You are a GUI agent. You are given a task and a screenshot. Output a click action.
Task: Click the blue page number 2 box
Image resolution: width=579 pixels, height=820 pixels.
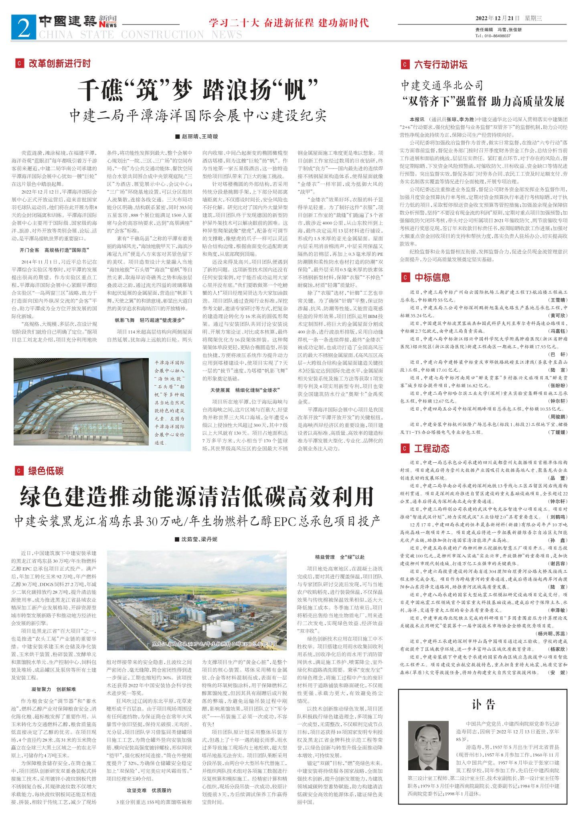pos(24,27)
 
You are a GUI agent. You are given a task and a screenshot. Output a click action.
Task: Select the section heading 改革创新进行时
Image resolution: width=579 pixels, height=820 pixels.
pos(59,63)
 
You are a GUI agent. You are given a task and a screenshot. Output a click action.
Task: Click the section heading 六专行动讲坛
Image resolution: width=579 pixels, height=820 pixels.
pos(441,65)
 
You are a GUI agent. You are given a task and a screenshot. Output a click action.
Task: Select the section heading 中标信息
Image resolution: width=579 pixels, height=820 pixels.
pos(432,277)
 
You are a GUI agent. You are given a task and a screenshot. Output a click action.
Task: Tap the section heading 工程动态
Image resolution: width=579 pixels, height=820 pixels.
pos(431,448)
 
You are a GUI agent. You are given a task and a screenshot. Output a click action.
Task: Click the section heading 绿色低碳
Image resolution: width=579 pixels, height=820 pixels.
pos(46,471)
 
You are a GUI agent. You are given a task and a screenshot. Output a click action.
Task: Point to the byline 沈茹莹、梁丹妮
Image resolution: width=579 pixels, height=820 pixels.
pos(199,539)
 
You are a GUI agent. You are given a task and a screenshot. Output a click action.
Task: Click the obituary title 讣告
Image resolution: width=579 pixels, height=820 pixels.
pos(483,704)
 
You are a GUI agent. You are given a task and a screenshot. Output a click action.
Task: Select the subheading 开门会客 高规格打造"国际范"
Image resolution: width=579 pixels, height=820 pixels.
pos(54,250)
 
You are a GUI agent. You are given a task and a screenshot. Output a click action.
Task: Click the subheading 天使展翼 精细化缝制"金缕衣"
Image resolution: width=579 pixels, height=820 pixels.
pos(245,390)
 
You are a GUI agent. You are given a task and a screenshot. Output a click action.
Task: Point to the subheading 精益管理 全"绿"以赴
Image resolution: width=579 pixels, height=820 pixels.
pos(340,557)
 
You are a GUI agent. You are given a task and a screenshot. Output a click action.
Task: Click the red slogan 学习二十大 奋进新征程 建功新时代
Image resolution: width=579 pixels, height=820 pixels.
pos(288,23)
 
